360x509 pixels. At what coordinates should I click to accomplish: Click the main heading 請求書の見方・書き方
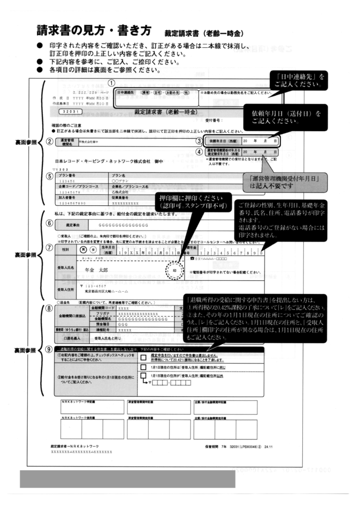point(92,31)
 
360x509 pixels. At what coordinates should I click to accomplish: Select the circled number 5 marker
point(48,176)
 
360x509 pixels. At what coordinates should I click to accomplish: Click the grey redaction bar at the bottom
point(127,479)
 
